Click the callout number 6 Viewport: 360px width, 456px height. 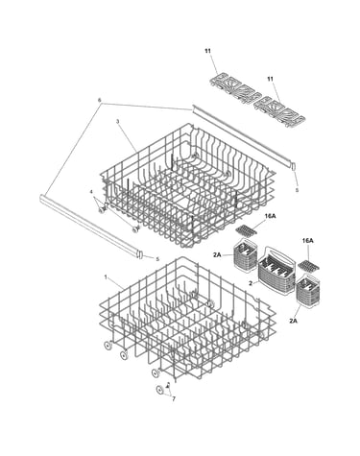(100, 100)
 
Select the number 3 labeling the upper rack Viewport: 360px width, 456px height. (117, 122)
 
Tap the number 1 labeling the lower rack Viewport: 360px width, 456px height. (106, 276)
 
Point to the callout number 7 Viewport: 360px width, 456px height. (174, 399)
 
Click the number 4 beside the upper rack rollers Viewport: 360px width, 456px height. (91, 192)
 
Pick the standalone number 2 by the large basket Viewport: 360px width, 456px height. (252, 283)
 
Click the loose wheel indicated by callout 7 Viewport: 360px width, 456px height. (159, 390)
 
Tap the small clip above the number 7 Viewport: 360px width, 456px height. (169, 386)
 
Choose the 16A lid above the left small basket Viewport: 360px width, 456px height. (248, 229)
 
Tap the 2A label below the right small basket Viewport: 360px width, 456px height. (294, 321)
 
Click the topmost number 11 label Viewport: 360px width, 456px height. (208, 51)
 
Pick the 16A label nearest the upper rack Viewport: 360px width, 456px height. (270, 216)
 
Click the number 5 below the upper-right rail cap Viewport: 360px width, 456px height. (297, 190)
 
